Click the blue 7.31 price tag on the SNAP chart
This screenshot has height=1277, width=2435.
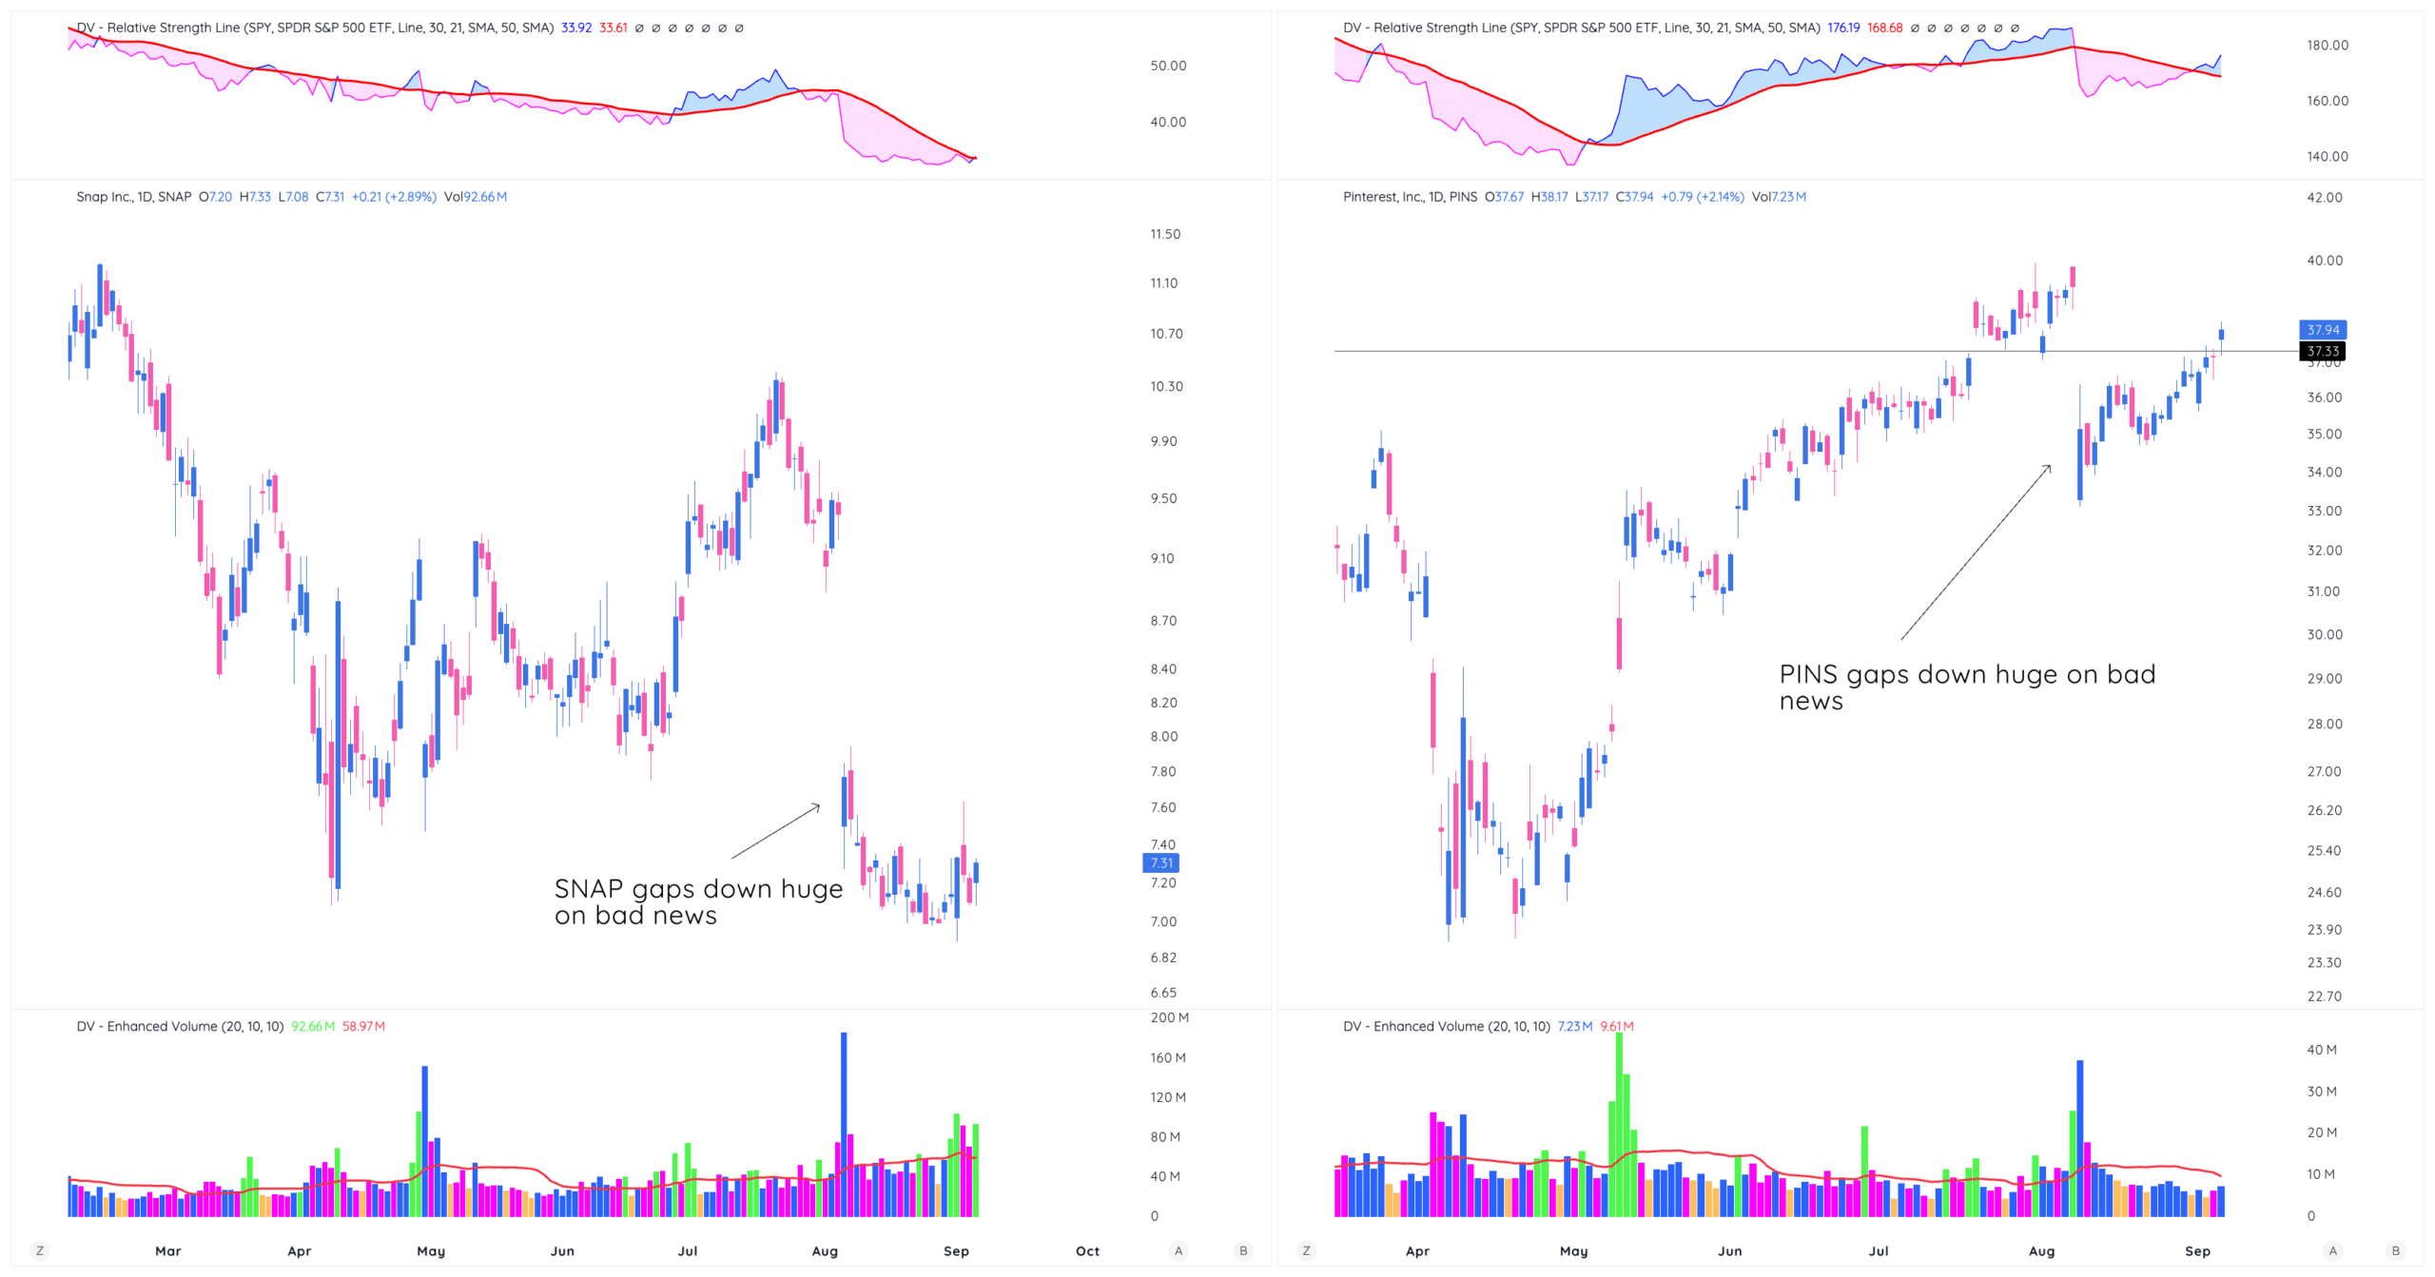point(1160,862)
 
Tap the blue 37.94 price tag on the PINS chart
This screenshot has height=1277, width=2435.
point(2322,330)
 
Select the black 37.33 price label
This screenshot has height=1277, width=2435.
point(2322,352)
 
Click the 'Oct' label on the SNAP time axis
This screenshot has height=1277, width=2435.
point(1087,1251)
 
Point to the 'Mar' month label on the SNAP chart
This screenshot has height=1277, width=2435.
point(168,1251)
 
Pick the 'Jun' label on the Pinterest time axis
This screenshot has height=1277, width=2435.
point(1729,1251)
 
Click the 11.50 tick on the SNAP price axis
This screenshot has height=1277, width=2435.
point(1165,234)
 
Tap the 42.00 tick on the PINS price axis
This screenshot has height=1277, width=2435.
point(2324,198)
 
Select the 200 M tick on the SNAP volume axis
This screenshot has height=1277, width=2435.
point(1169,1017)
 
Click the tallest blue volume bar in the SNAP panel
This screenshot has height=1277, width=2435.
point(844,1122)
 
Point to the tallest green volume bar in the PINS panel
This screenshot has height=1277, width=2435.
point(1619,1122)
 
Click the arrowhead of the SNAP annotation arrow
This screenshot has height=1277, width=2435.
point(817,807)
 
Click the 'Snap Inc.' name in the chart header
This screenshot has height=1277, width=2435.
point(104,197)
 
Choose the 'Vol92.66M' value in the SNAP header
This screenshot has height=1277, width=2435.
point(476,197)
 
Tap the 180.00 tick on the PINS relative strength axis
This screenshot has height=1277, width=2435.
point(2327,46)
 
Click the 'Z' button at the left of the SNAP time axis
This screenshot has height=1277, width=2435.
point(39,1251)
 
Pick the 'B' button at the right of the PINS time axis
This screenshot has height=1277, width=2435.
point(2395,1251)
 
